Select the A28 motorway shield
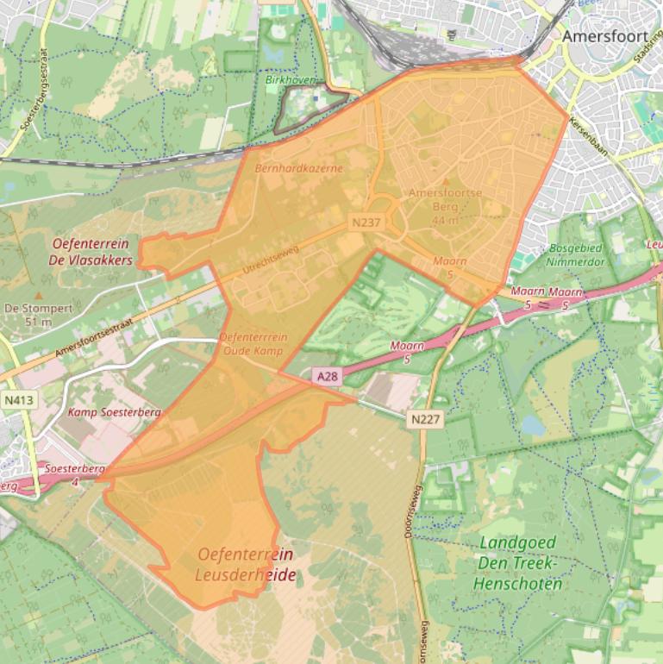coord(325,377)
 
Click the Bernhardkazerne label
coord(298,169)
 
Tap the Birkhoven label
coord(290,80)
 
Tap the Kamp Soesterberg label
coord(115,413)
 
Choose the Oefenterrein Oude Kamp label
coord(253,344)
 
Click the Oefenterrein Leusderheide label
coord(245,564)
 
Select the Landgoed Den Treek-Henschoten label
coord(516,563)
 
